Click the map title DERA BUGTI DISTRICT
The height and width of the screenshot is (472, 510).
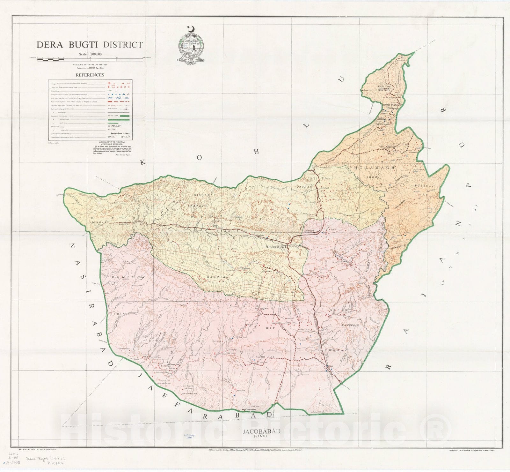tap(89, 45)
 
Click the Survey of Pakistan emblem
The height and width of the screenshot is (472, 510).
tap(191, 45)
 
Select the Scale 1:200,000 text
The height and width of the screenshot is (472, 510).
tap(90, 54)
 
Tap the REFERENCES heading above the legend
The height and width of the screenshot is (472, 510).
tap(90, 75)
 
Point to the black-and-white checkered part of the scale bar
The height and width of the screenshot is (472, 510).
tap(51, 58)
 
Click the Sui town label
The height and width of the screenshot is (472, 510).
tap(331, 366)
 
